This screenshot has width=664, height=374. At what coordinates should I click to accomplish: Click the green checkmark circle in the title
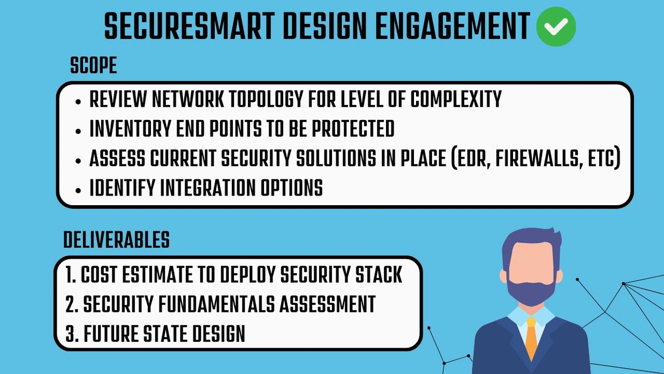(x=556, y=26)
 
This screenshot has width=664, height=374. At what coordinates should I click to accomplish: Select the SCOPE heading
(x=93, y=65)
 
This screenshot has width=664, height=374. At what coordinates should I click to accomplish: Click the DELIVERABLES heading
(x=117, y=240)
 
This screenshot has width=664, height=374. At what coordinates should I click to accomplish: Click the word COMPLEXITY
(x=456, y=99)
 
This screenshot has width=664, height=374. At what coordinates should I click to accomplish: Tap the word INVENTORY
(x=131, y=129)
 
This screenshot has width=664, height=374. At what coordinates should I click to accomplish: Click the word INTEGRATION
(x=208, y=188)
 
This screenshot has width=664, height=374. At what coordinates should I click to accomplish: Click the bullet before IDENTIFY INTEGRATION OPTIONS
(x=78, y=190)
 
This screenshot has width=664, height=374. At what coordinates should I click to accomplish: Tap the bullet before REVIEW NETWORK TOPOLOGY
(x=78, y=102)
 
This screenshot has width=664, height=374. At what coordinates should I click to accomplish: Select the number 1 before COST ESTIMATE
(x=69, y=274)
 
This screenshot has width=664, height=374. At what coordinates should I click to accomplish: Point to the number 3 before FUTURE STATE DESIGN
(x=70, y=334)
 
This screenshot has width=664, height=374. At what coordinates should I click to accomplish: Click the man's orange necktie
(x=531, y=339)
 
